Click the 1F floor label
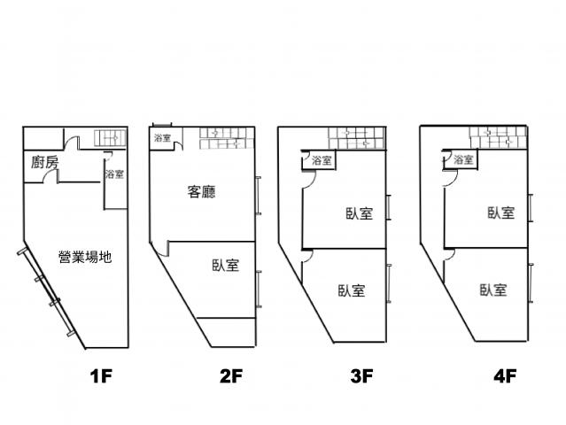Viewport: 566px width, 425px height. point(101,376)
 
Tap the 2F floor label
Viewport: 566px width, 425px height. point(231,376)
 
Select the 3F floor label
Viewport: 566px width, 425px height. point(361,376)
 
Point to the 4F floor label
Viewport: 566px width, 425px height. point(505,376)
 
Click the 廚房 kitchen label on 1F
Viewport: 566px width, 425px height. point(45,162)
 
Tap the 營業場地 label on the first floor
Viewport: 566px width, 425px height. point(85,257)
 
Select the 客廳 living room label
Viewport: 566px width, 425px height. point(201,191)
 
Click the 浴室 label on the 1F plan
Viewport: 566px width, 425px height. point(114,174)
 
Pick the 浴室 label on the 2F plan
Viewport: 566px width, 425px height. point(162,138)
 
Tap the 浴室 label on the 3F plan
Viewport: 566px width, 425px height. point(322,160)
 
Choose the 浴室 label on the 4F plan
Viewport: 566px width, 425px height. point(463,159)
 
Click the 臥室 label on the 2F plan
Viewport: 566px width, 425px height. point(226,266)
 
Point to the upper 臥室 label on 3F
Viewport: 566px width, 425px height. point(359,213)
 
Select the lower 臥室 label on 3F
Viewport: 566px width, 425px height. point(352,290)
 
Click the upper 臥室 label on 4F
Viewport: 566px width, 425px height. point(501,212)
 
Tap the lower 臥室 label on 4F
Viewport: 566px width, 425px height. point(493,290)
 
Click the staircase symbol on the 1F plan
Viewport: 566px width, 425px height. point(110,138)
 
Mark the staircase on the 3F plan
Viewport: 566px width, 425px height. point(356,138)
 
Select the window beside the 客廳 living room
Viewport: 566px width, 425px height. point(259,196)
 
